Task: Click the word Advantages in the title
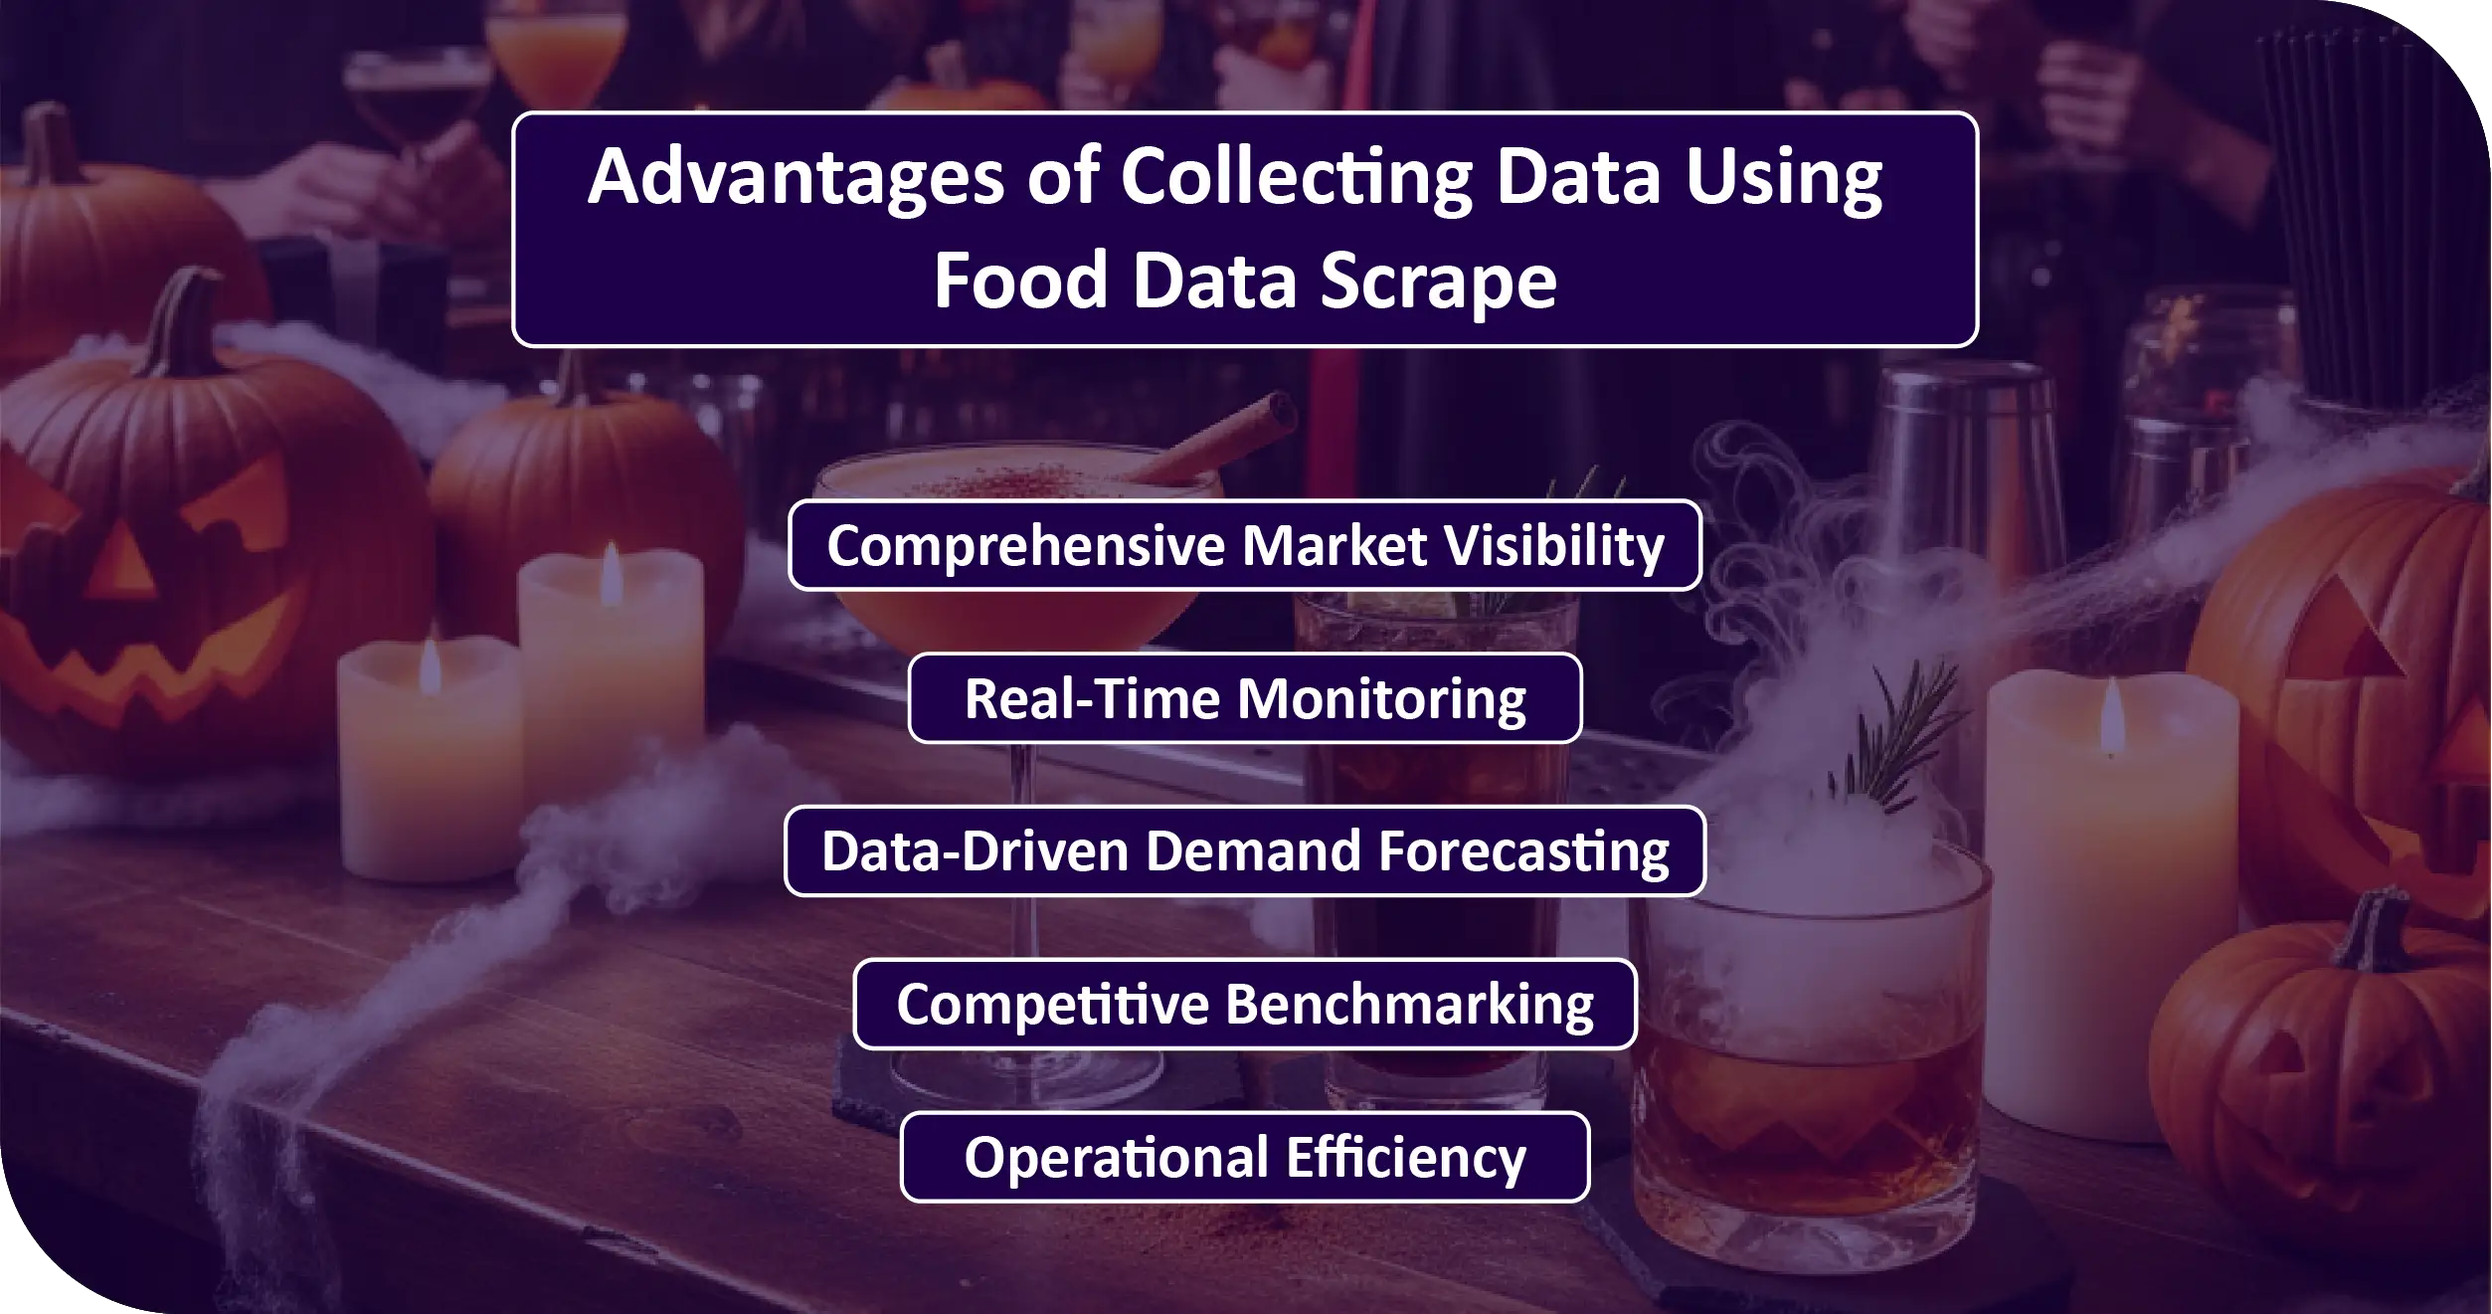[x=796, y=177]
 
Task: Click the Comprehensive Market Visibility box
[x=1245, y=545]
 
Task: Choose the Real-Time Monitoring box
[x=1245, y=698]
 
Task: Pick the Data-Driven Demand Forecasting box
[x=1245, y=851]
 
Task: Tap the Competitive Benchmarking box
[x=1245, y=1005]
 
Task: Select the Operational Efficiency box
[x=1245, y=1158]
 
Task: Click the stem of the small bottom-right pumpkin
[x=2376, y=931]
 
